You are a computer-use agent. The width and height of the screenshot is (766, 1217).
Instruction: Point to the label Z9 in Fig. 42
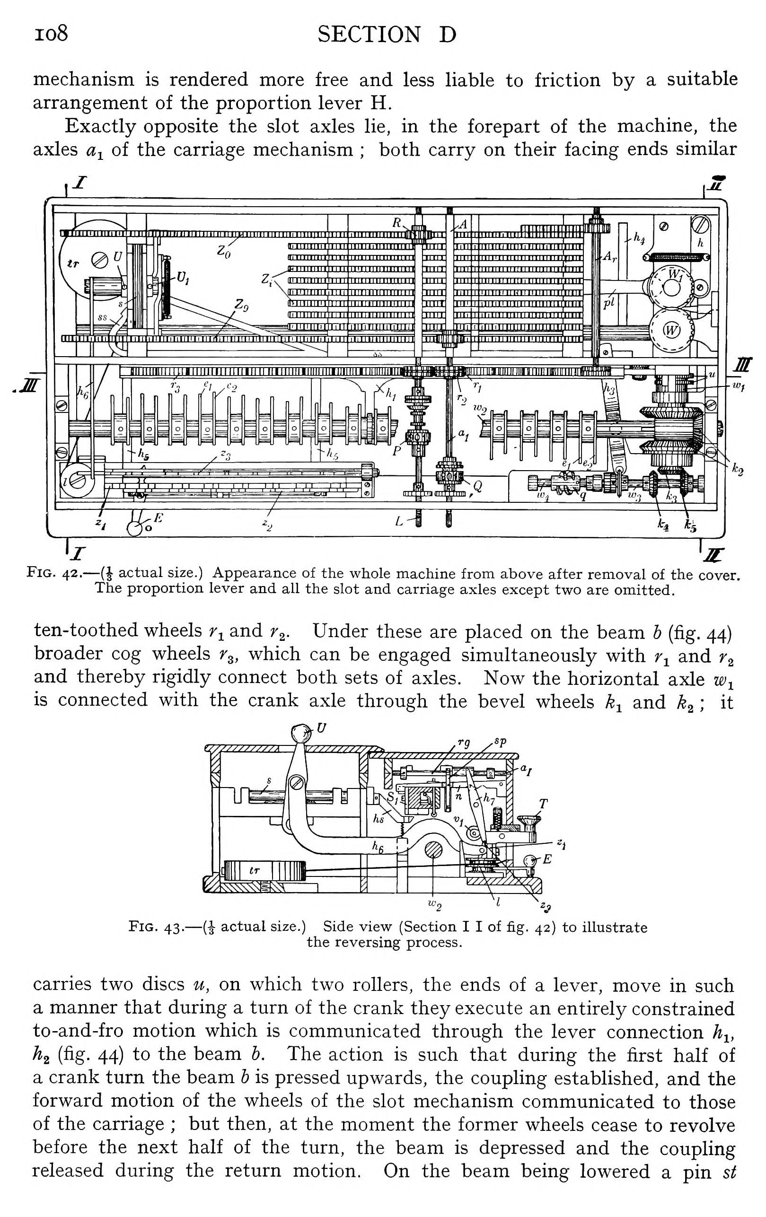pyautogui.click(x=241, y=306)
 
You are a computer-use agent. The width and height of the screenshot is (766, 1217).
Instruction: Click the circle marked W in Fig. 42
pyautogui.click(x=671, y=330)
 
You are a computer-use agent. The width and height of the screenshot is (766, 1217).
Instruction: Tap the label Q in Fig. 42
pyautogui.click(x=477, y=486)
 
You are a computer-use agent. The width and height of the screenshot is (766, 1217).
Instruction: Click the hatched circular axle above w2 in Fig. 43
pyautogui.click(x=434, y=854)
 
